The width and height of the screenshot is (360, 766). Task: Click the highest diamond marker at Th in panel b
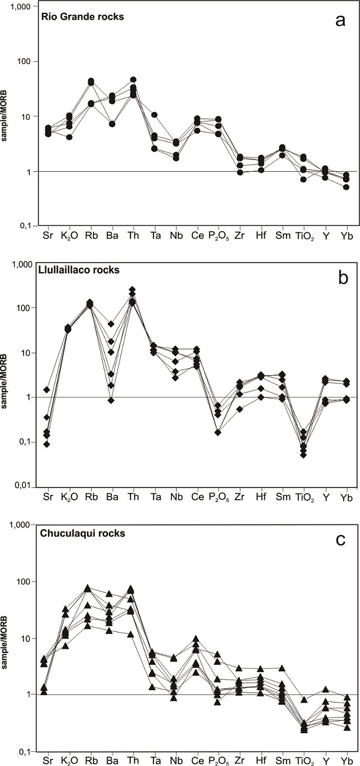click(132, 290)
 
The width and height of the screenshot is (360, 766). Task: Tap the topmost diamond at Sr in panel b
click(46, 390)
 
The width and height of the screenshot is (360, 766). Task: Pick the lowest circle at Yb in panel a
click(346, 187)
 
